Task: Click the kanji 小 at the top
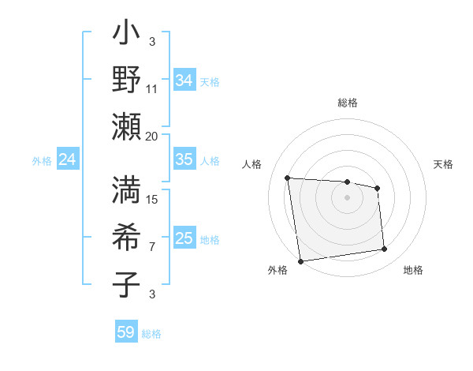126,36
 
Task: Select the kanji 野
126,80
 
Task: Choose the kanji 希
126,238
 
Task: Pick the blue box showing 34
184,81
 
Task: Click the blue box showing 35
184,159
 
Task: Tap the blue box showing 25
184,238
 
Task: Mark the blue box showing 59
126,332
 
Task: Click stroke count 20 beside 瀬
152,136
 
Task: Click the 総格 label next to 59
151,334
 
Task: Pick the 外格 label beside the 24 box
42,161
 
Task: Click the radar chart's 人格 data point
288,178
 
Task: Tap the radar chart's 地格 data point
385,249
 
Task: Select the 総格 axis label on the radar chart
348,103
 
